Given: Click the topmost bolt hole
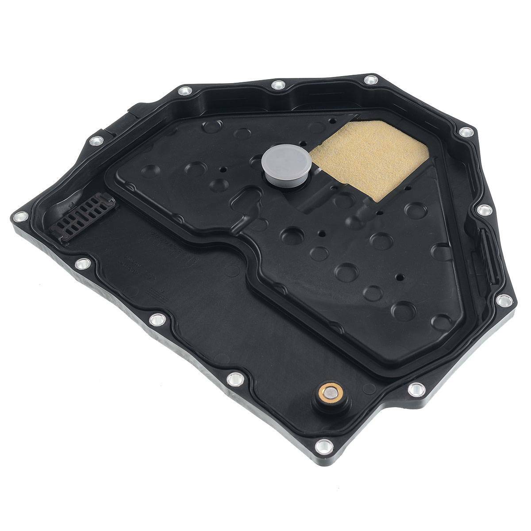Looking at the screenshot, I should (x=369, y=80).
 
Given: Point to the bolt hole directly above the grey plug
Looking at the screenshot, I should (x=277, y=84).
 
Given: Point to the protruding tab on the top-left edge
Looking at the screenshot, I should (x=133, y=108).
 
